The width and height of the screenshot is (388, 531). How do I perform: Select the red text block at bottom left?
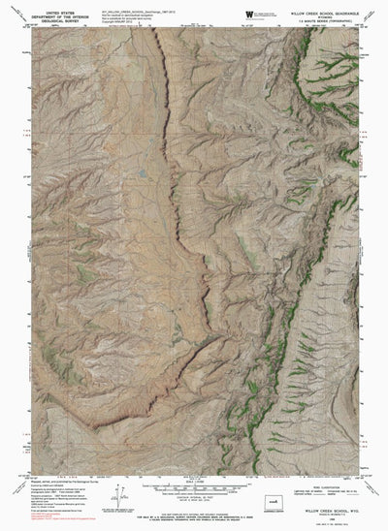click(39, 521)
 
